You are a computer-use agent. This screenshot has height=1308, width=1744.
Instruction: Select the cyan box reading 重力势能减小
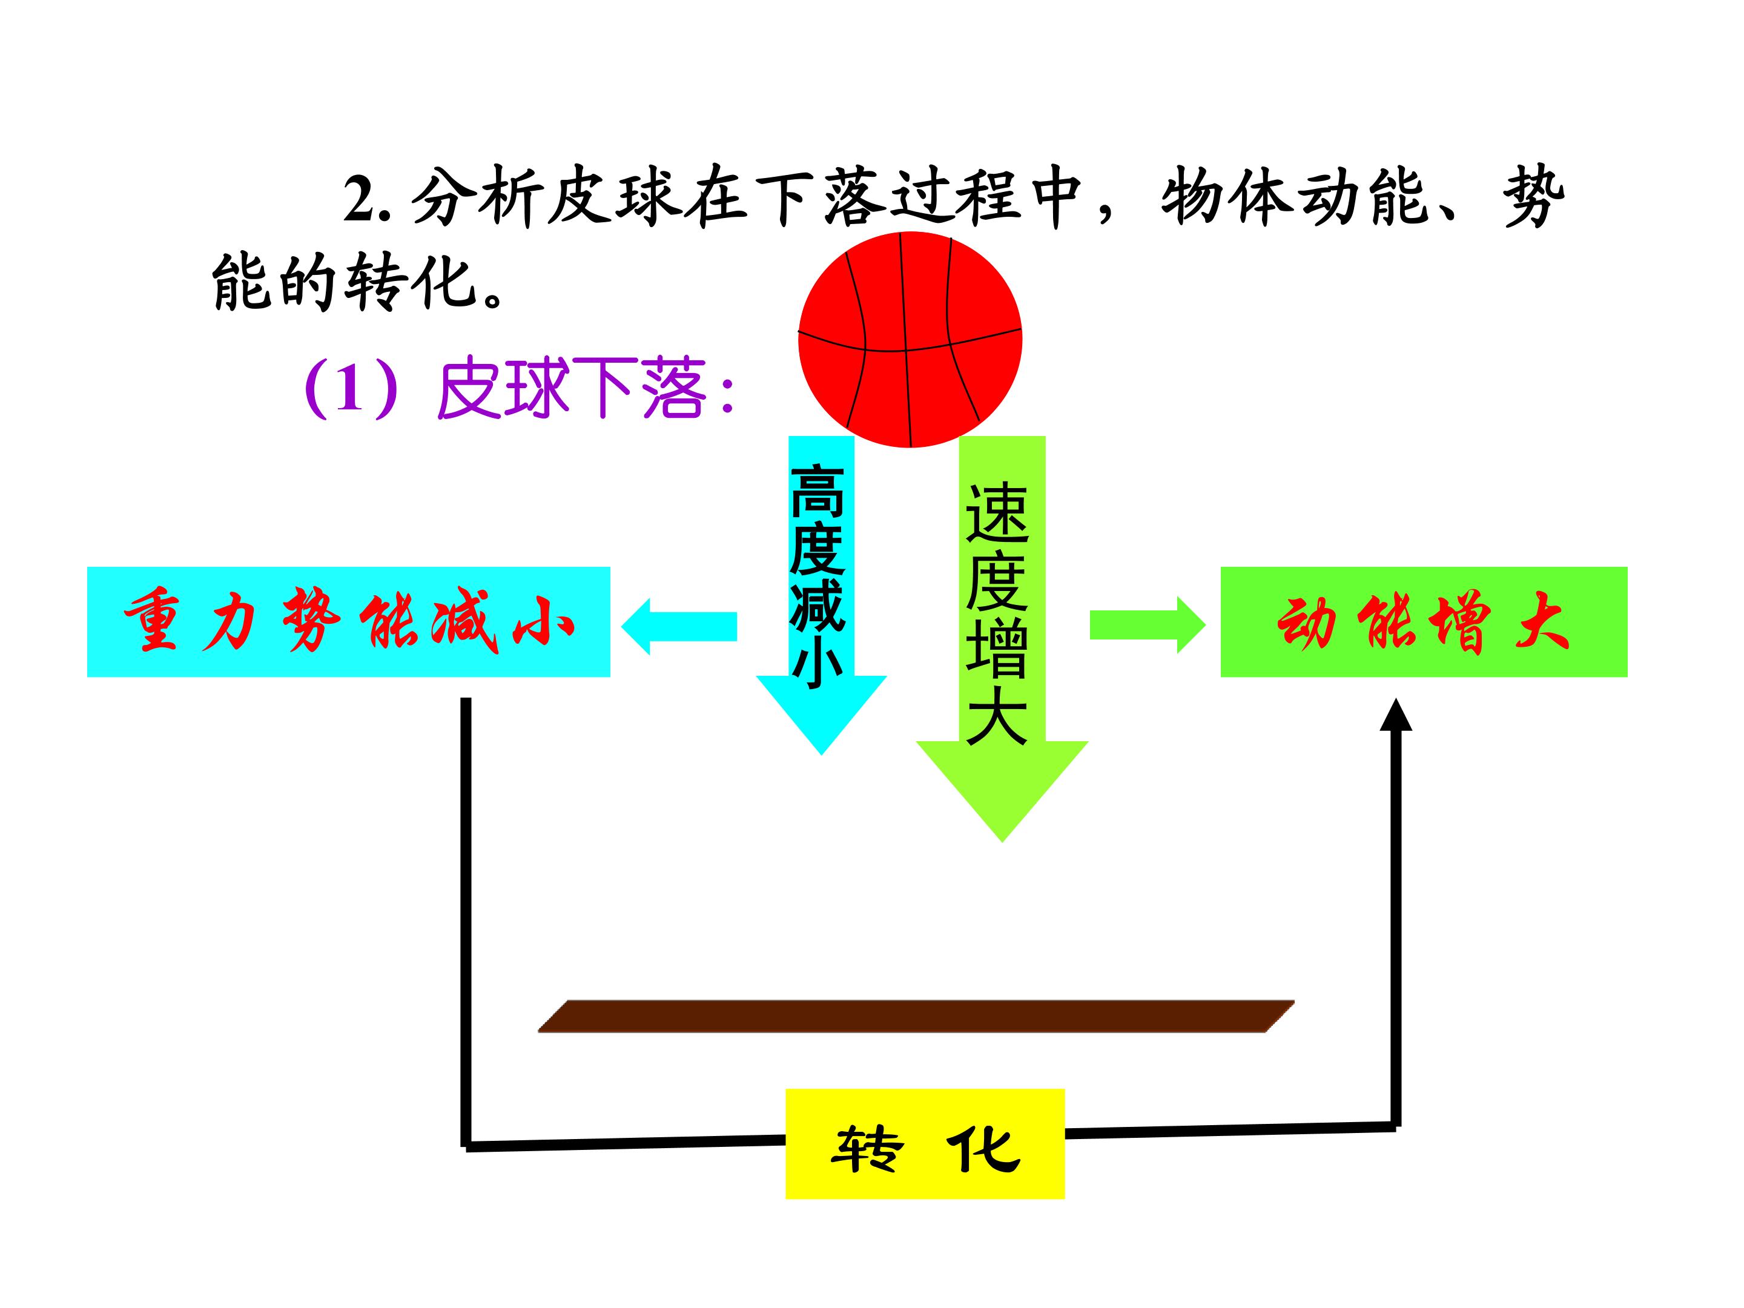(x=348, y=621)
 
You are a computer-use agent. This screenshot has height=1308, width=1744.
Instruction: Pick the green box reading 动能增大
(x=1424, y=621)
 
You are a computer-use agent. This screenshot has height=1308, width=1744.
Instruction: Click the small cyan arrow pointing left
(x=679, y=626)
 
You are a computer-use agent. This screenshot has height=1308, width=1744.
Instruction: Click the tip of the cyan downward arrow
(x=822, y=755)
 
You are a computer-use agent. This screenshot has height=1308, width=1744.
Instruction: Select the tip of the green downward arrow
(x=1002, y=842)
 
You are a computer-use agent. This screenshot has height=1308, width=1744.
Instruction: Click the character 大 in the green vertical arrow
(x=997, y=715)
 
